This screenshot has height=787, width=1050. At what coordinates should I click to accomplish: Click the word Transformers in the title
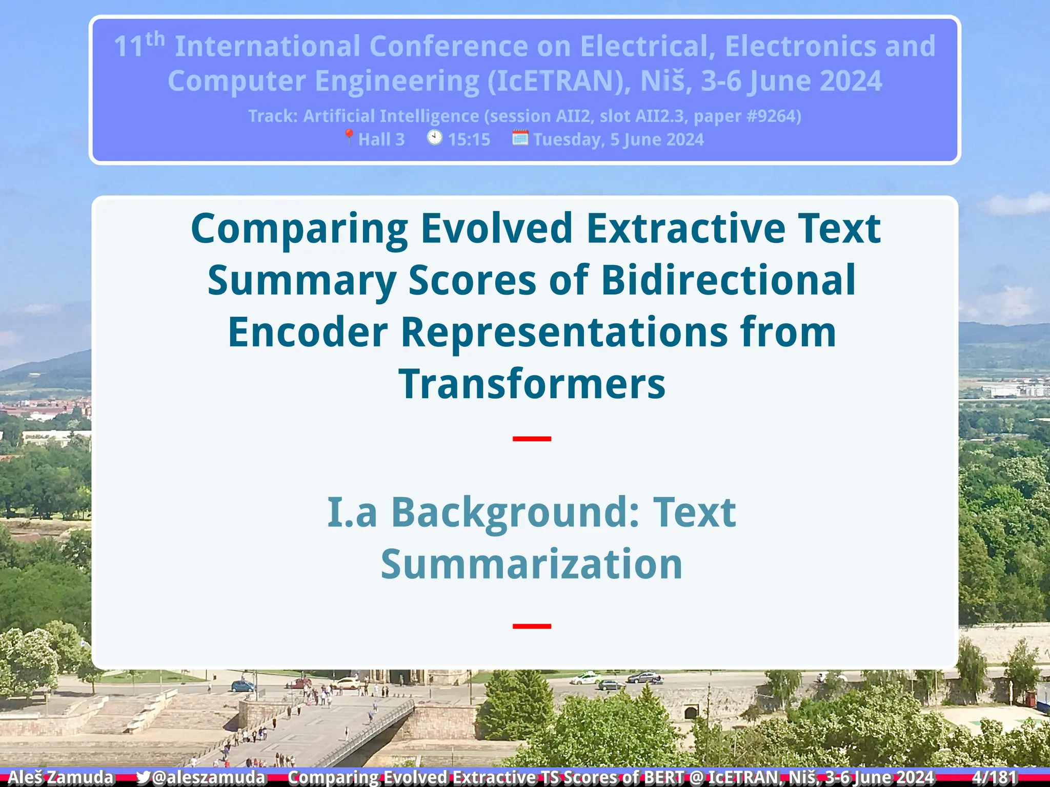pos(532,384)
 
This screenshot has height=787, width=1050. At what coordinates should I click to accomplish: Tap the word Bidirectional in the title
pos(728,280)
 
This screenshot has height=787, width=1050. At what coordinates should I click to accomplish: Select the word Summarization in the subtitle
pos(532,564)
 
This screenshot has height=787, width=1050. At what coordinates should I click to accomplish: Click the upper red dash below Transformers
pos(532,439)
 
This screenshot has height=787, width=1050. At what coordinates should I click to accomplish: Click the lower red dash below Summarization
pos(532,626)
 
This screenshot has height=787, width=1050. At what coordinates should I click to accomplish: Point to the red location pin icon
pos(349,137)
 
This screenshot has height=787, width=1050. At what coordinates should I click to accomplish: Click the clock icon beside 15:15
pos(434,137)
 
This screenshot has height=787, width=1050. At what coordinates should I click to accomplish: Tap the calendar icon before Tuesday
pos(520,137)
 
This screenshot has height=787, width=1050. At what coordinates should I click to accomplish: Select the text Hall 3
pos(381,139)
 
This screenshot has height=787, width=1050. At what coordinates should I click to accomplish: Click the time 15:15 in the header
pos(469,139)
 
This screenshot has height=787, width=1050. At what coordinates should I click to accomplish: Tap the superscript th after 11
pos(155,39)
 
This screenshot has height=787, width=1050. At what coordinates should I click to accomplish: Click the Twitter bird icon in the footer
pos(143,777)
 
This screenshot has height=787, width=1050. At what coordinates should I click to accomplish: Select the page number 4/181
pos(994,777)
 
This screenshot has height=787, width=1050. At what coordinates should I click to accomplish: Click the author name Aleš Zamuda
pos(60,777)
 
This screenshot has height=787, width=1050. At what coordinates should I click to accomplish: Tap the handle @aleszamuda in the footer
pos(209,777)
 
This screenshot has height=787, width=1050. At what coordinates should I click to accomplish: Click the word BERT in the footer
pos(663,777)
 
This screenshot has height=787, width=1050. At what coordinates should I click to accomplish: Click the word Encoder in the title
pos(308,332)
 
